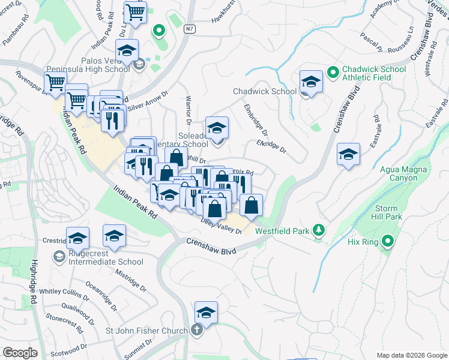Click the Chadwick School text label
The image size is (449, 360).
tap(264, 91)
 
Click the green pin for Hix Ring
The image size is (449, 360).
tap(387, 242)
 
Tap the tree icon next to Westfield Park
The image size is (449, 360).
tap(319, 230)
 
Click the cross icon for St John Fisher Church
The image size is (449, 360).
tap(197, 329)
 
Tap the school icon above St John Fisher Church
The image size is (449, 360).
tap(206, 313)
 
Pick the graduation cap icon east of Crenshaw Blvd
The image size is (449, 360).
tap(348, 155)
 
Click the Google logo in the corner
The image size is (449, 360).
tap(20, 352)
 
